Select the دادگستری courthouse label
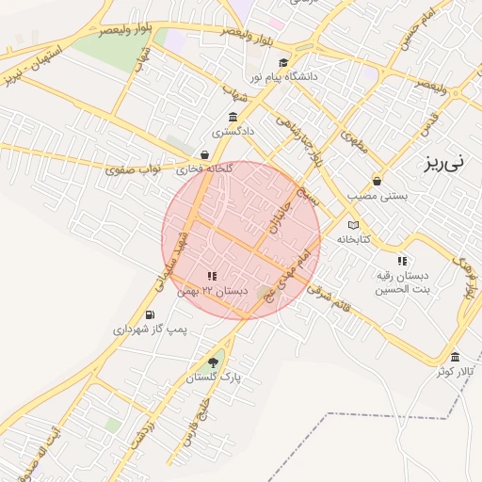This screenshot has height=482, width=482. (233, 132)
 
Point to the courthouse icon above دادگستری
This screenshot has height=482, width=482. (233, 117)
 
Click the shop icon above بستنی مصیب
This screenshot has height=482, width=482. (378, 180)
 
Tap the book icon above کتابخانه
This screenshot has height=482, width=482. (353, 225)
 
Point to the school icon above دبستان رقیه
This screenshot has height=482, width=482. (402, 261)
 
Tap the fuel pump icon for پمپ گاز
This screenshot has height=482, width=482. (149, 314)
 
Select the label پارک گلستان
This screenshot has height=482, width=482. (214, 378)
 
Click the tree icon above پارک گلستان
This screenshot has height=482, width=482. (213, 362)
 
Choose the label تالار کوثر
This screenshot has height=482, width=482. (454, 372)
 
